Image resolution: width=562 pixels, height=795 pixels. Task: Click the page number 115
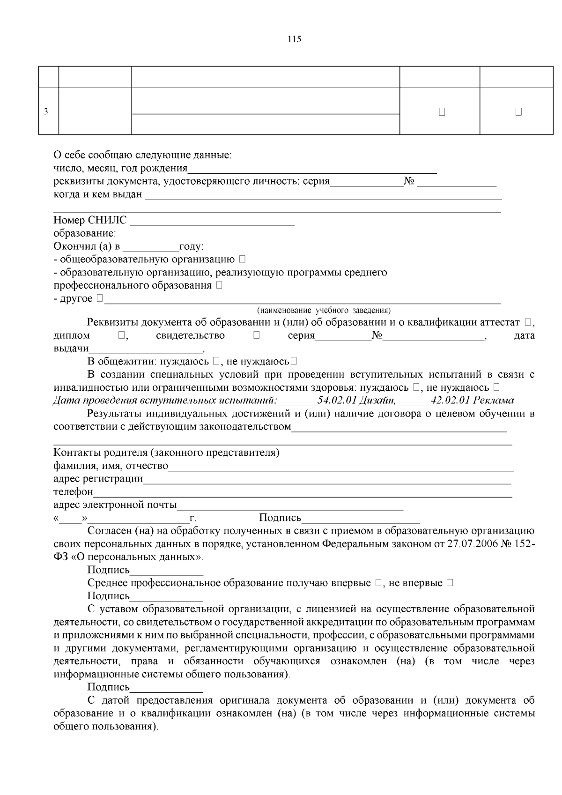tap(294, 39)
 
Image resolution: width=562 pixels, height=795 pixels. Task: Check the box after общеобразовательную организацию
tap(242, 259)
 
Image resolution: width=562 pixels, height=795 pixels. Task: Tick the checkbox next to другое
tap(100, 298)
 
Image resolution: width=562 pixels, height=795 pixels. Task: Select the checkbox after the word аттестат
tap(528, 322)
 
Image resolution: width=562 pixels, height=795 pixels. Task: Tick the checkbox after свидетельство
tap(257, 335)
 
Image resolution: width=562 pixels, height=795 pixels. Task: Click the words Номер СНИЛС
tap(90, 220)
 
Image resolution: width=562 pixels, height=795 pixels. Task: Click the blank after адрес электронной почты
tap(290, 506)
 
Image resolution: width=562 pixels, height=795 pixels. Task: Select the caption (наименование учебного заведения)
tap(324, 310)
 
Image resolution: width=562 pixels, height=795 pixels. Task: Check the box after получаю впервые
tap(378, 583)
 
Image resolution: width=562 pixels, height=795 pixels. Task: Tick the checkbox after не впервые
tap(450, 583)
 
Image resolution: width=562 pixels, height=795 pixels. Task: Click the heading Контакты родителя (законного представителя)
tap(166, 453)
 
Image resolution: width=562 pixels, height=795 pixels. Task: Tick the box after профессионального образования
tap(219, 285)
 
